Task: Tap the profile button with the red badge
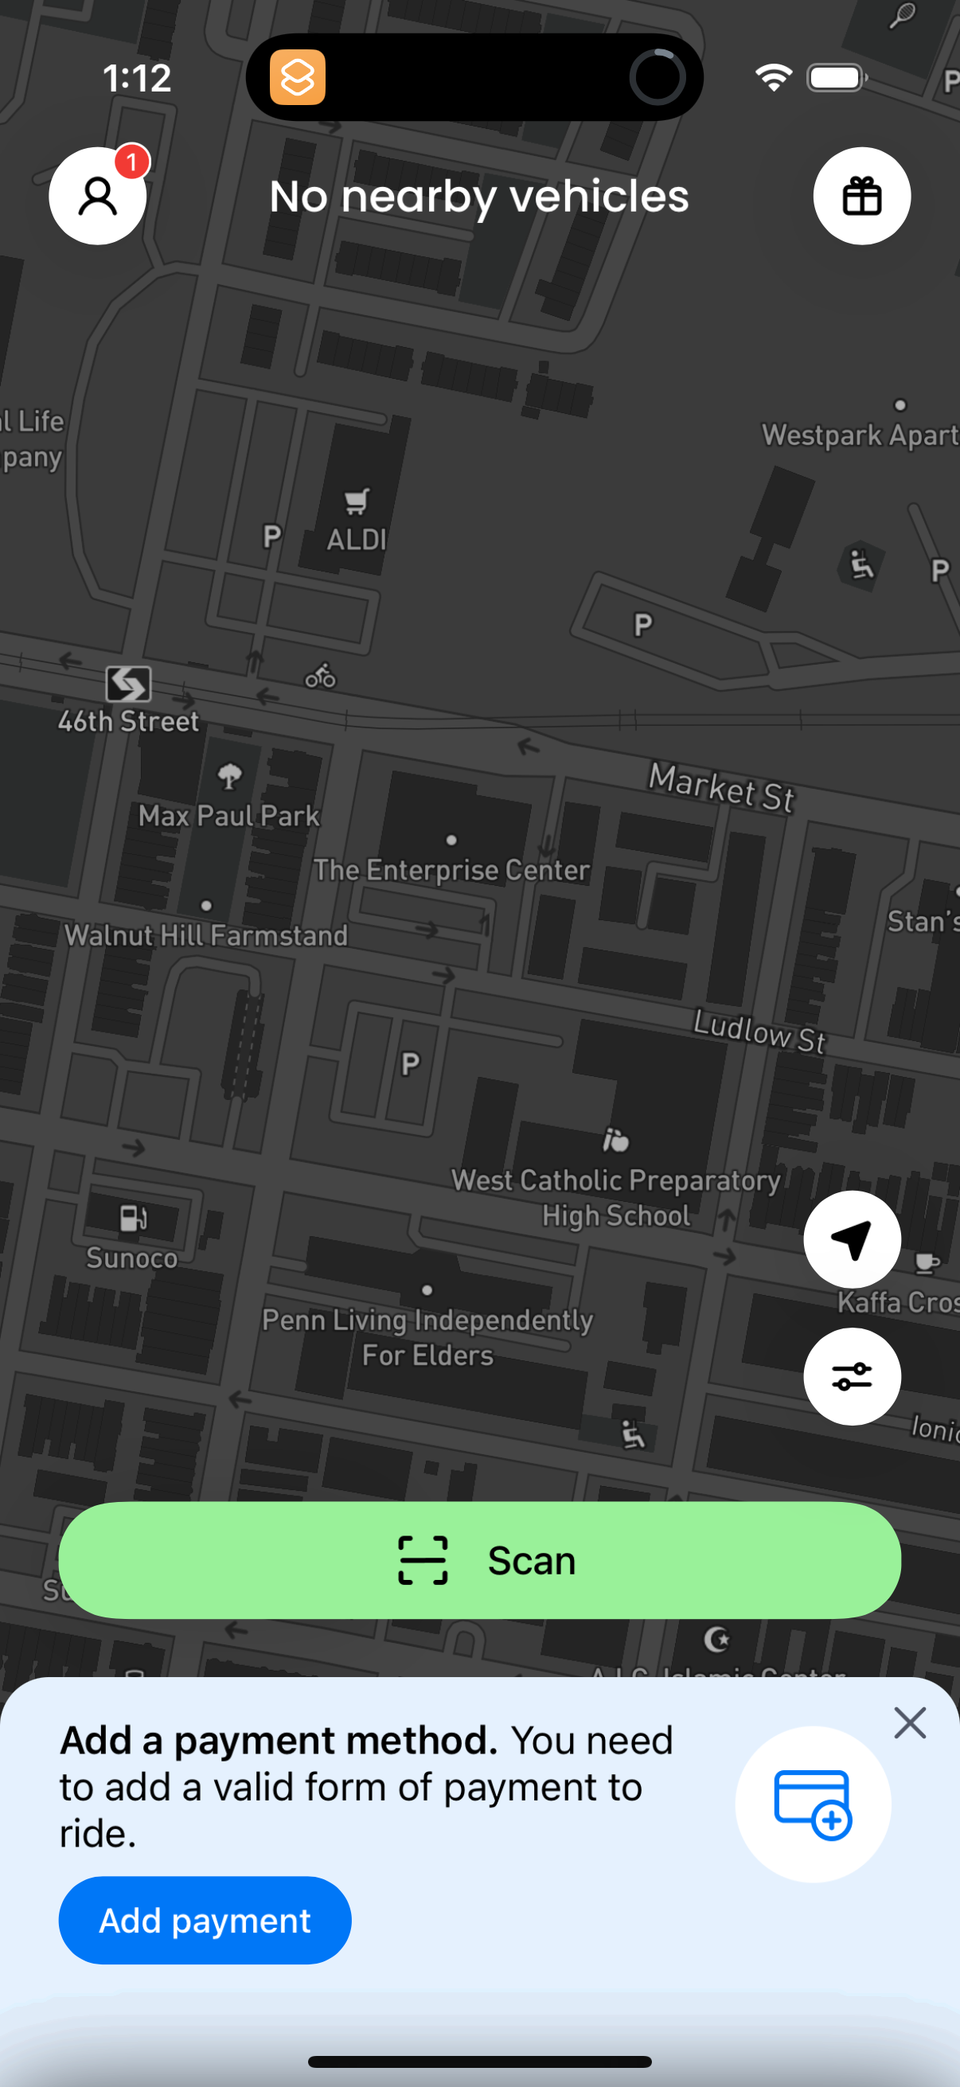(x=98, y=196)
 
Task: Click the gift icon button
(x=861, y=196)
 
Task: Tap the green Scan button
(x=479, y=1559)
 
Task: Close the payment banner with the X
(x=910, y=1723)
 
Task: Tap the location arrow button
(x=852, y=1239)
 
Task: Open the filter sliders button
(x=852, y=1375)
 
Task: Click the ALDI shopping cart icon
(x=357, y=501)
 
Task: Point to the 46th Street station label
(x=128, y=721)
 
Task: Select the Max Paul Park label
(x=229, y=815)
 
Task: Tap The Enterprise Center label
(x=451, y=870)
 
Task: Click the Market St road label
(x=721, y=786)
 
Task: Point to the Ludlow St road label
(x=759, y=1032)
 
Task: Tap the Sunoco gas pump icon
(x=133, y=1217)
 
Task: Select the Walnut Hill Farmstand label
(x=206, y=936)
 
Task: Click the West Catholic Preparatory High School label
(x=615, y=1197)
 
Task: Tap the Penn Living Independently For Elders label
(x=427, y=1336)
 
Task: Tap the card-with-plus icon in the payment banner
(x=813, y=1804)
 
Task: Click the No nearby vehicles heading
(x=478, y=196)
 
